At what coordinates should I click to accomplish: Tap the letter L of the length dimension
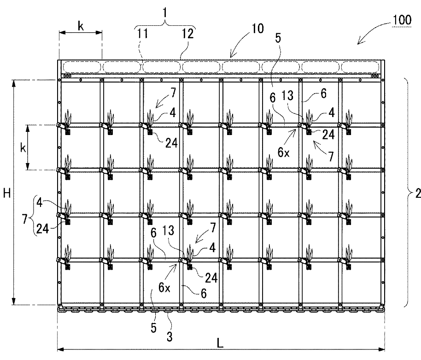point(221,343)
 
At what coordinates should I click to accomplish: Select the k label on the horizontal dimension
point(80,26)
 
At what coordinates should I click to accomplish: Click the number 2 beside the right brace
point(417,194)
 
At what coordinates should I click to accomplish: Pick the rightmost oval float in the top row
point(362,67)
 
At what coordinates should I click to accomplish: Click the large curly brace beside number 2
point(407,193)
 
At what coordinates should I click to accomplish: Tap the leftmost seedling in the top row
point(69,118)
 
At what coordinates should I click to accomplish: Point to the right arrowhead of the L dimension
point(381,349)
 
